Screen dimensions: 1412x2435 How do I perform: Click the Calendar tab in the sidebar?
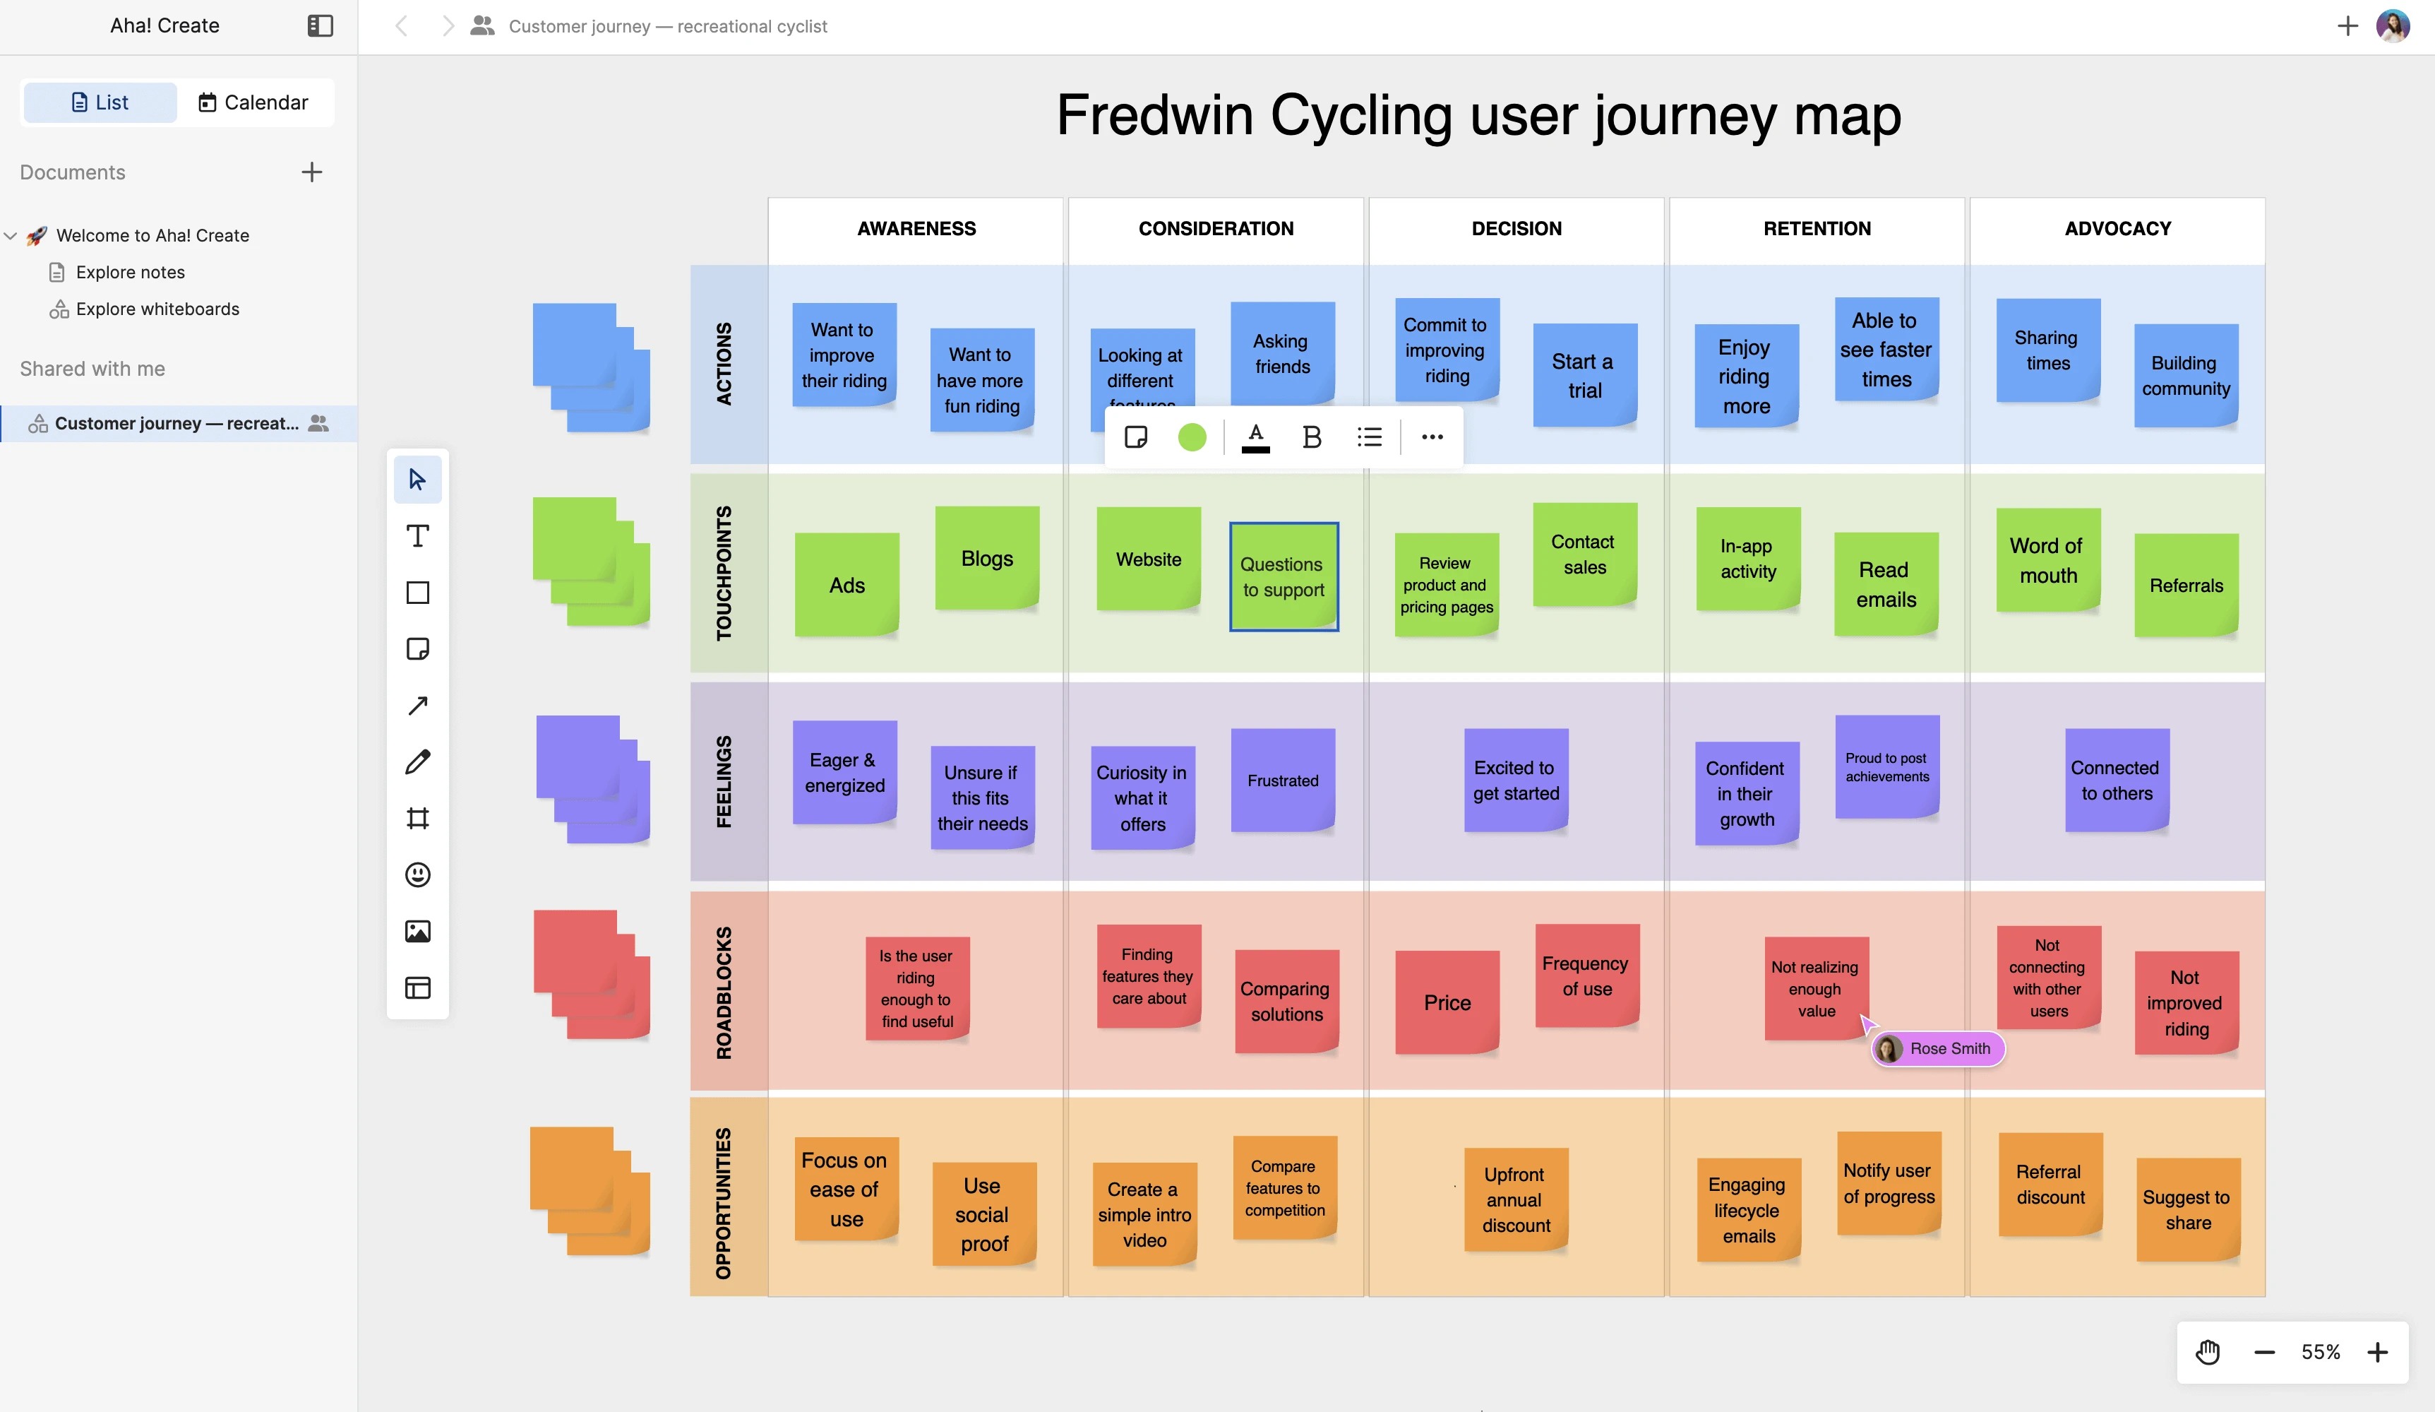click(253, 102)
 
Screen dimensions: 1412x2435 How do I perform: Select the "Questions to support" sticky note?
click(1284, 577)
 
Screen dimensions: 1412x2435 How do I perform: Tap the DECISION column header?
click(1516, 229)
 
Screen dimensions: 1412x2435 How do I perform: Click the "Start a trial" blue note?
click(1584, 375)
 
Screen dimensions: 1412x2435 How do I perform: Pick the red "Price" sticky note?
click(1447, 1002)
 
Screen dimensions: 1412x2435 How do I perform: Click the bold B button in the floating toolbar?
click(1311, 438)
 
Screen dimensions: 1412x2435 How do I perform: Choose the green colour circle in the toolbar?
click(1192, 438)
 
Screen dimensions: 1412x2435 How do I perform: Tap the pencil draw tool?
click(417, 761)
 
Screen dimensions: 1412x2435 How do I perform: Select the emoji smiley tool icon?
click(417, 874)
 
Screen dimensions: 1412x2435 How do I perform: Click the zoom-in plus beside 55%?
click(2378, 1352)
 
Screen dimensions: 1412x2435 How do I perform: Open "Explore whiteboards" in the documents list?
click(157, 309)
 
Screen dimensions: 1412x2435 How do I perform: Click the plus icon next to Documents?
click(311, 173)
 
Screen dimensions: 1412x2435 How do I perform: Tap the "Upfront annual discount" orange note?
click(1515, 1199)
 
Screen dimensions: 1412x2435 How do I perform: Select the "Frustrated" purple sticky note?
click(1282, 780)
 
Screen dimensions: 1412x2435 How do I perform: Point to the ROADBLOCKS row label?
click(724, 992)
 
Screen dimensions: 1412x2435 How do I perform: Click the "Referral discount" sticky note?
click(2050, 1184)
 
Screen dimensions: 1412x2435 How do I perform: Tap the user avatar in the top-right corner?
click(2393, 26)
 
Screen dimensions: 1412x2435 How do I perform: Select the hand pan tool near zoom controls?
click(2208, 1352)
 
